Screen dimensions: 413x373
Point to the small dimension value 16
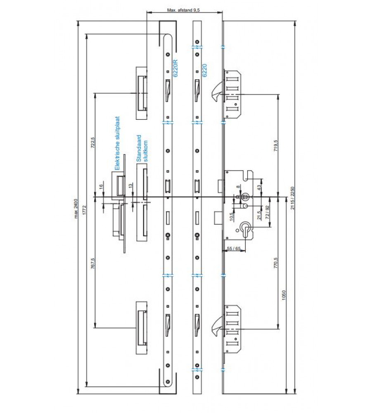tap(101, 188)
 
